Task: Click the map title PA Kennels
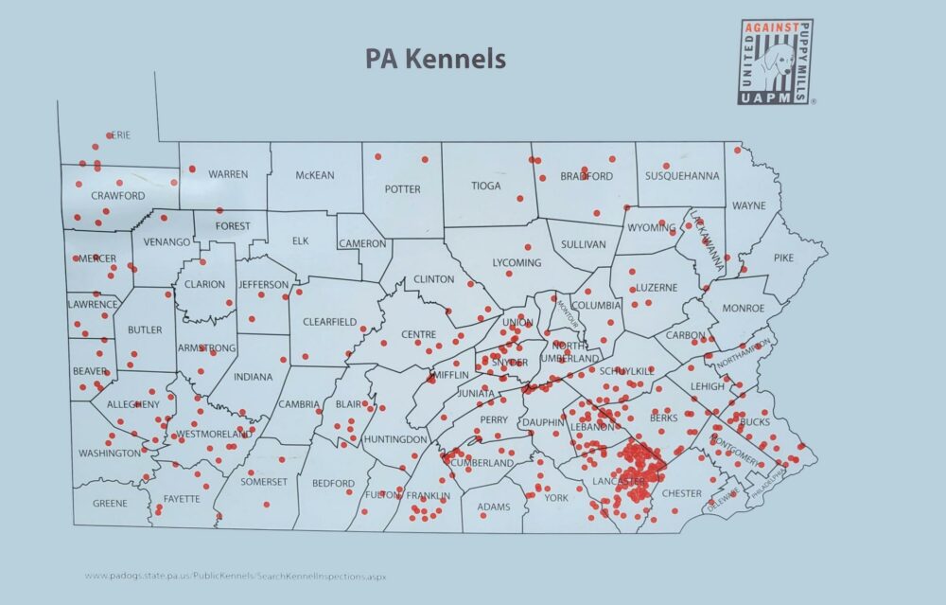click(435, 59)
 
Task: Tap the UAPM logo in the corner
click(775, 62)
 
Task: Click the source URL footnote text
click(236, 576)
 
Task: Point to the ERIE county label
click(119, 135)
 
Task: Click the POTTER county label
click(402, 189)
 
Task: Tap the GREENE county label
click(110, 504)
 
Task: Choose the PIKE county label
click(784, 258)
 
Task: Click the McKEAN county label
click(314, 175)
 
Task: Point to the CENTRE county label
click(418, 334)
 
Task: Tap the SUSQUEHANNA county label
click(682, 176)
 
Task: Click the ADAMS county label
click(493, 507)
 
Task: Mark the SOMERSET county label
click(264, 482)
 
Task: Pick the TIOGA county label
click(486, 187)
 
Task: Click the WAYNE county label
click(748, 205)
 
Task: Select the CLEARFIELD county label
click(329, 322)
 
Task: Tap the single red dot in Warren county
click(192, 169)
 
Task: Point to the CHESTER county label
click(681, 493)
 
